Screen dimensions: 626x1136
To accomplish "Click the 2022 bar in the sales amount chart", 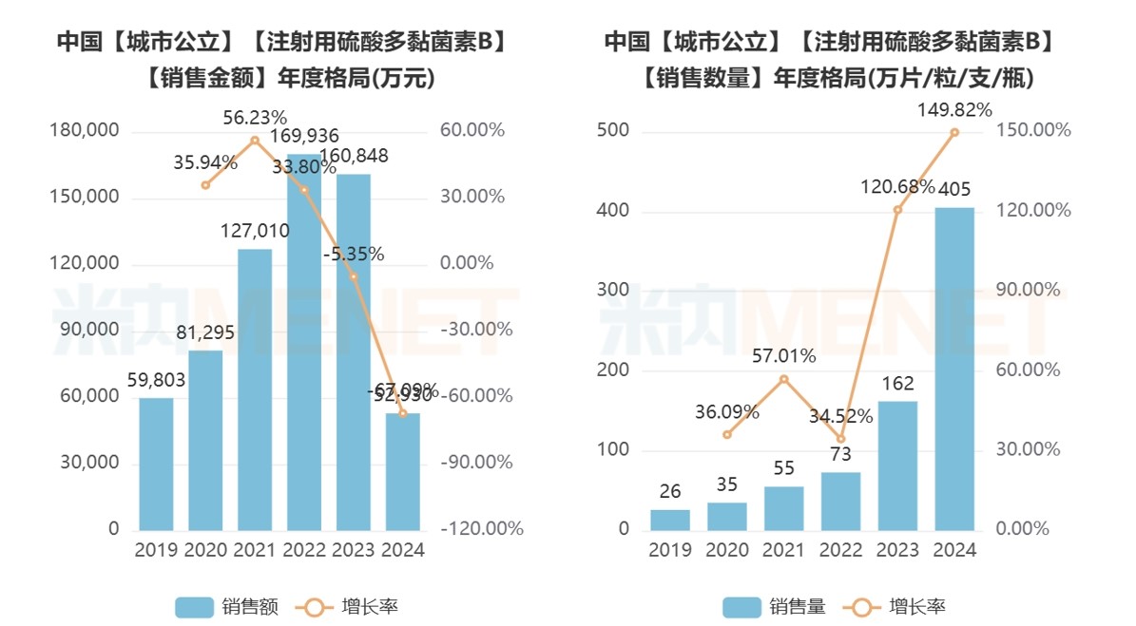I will tap(304, 342).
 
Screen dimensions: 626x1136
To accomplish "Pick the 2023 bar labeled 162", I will tap(897, 465).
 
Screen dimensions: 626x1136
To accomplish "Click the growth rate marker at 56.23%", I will tap(255, 141).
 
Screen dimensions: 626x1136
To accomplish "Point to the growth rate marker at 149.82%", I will tap(954, 132).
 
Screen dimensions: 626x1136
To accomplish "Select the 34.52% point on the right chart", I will tap(840, 439).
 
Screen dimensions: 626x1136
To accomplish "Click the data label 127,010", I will tap(255, 232).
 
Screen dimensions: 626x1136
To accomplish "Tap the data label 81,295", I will tap(205, 333).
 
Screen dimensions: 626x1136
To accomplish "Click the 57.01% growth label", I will tap(784, 356).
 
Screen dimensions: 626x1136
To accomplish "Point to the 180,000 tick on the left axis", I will tap(85, 130).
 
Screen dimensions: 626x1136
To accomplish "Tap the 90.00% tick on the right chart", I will tap(1028, 290).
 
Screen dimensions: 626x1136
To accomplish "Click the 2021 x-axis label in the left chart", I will tap(255, 550).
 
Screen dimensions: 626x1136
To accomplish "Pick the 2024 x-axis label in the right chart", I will tap(954, 550).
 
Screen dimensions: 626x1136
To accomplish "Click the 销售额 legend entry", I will tap(227, 607).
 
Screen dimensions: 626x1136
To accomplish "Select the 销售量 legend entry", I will tap(774, 607).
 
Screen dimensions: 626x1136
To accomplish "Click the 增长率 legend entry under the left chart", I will tap(348, 607).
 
